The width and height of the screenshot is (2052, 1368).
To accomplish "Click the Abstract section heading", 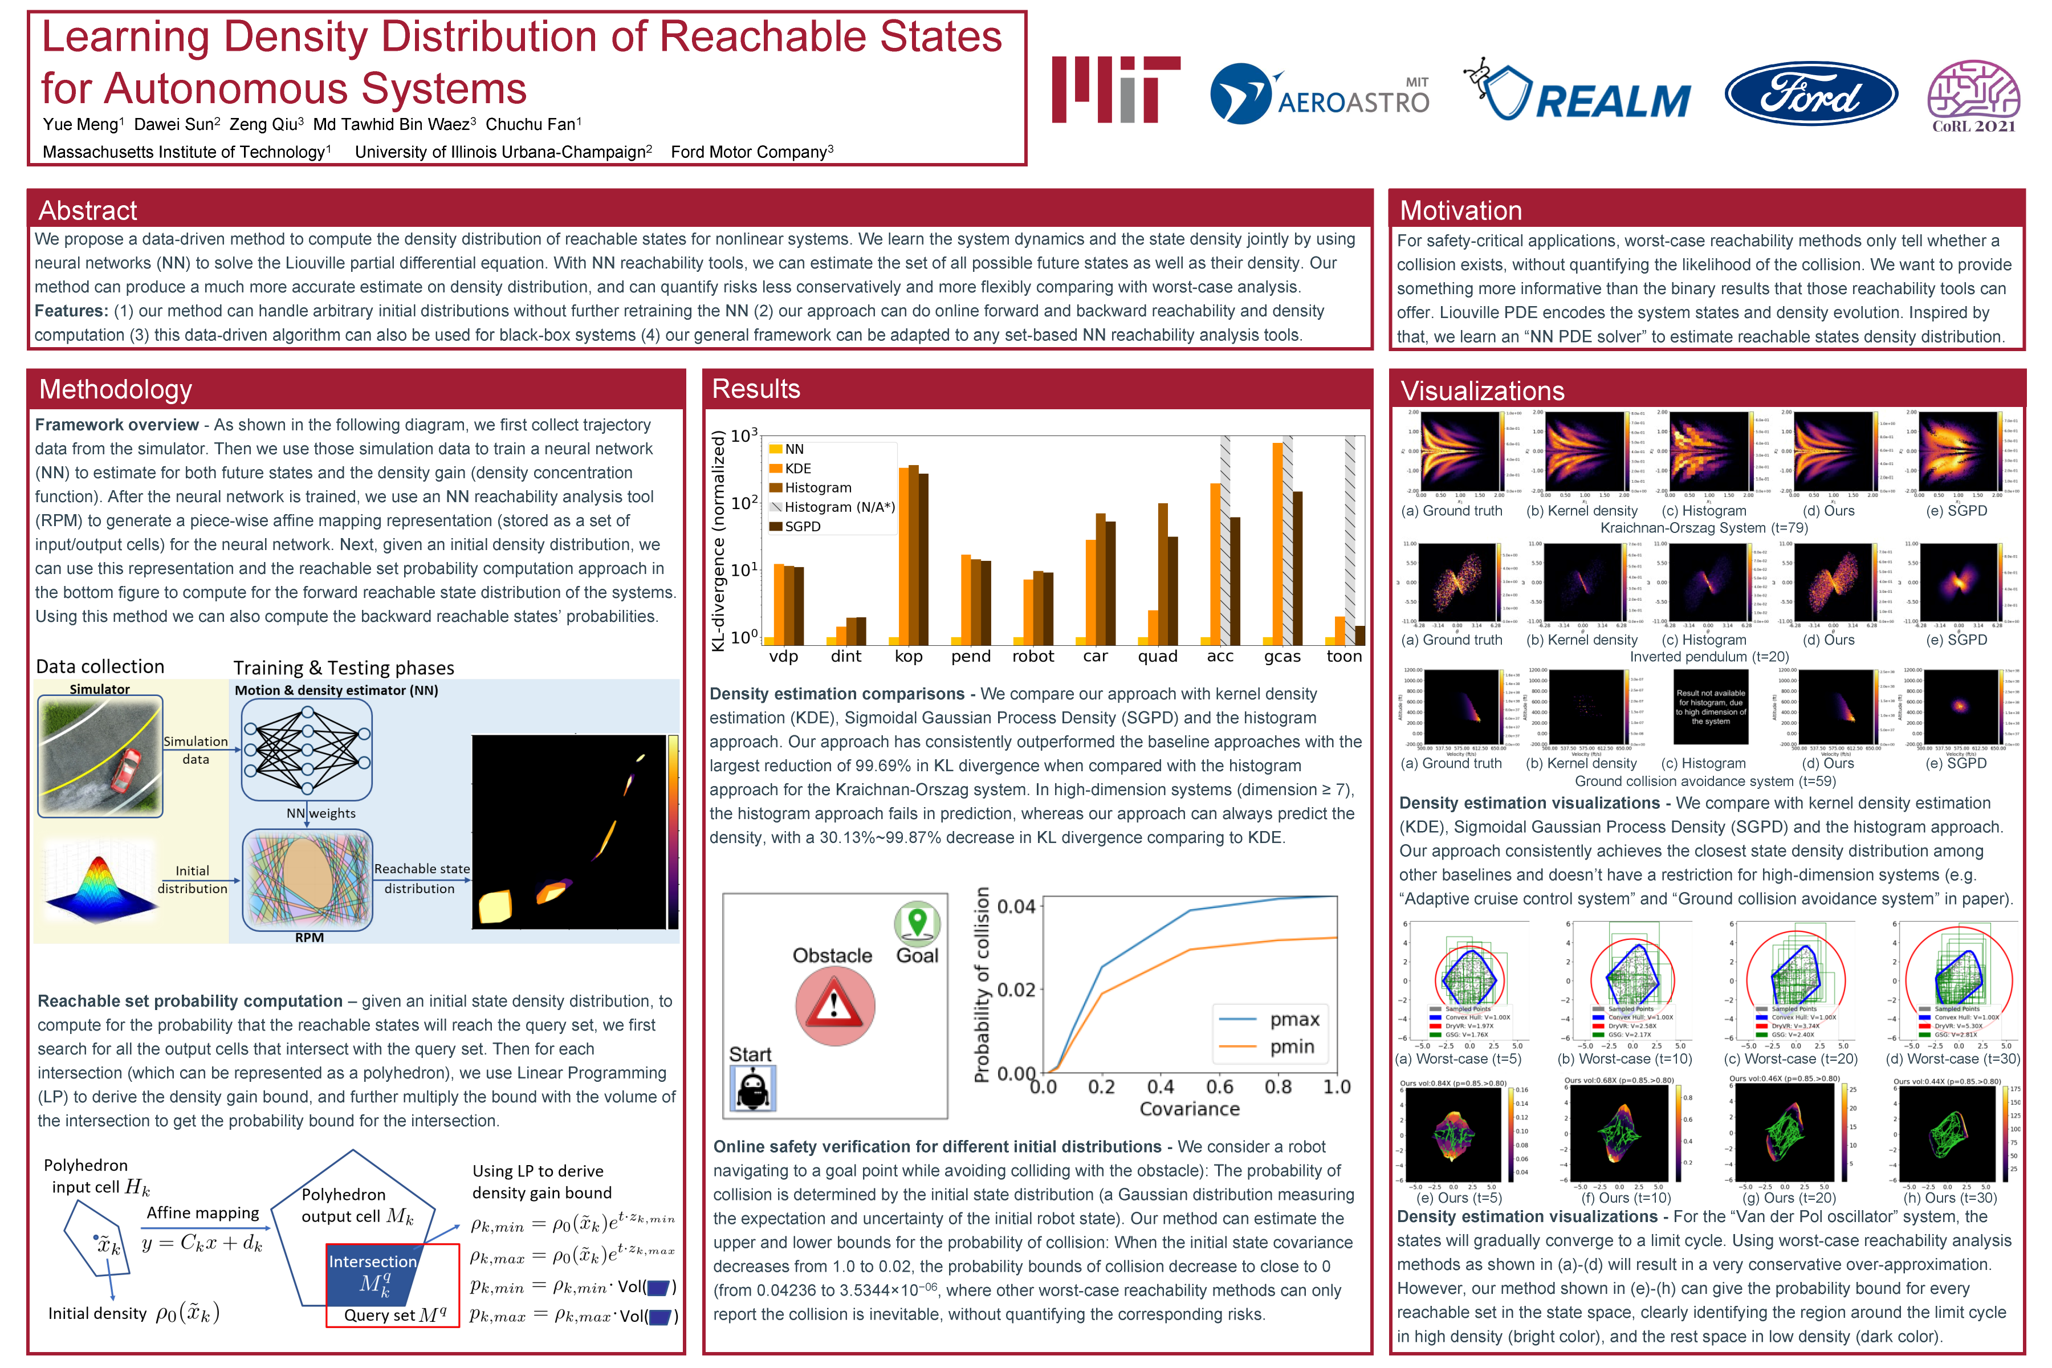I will [x=88, y=210].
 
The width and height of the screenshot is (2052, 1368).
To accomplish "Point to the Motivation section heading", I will [x=1460, y=210].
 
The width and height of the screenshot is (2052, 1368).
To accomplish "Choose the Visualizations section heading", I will [x=1483, y=391].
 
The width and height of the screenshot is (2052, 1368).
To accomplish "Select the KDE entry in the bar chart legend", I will [x=796, y=469].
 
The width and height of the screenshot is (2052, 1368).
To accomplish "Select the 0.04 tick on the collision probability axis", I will [x=1016, y=906].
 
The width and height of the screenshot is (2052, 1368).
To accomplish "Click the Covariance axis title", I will [x=1189, y=1109].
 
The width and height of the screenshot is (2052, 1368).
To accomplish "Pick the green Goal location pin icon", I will [x=917, y=923].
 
